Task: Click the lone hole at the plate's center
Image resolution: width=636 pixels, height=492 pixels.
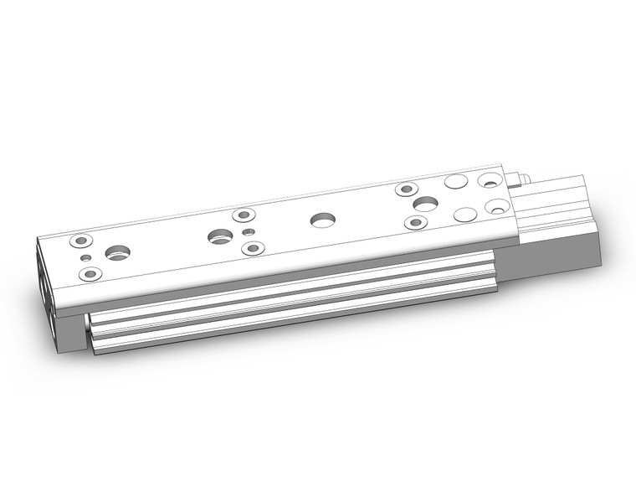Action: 321,220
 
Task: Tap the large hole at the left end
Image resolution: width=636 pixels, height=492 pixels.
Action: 117,251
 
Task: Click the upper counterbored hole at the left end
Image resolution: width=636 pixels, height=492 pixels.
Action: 79,241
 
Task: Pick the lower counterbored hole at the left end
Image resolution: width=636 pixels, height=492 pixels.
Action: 90,274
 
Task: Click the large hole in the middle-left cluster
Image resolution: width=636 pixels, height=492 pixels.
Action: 221,236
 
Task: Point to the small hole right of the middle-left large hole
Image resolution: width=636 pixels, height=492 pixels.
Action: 246,231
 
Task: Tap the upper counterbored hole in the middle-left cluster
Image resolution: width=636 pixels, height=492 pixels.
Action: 243,215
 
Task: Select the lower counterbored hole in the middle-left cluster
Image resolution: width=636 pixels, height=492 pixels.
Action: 253,248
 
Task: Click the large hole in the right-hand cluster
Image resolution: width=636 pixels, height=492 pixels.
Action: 425,204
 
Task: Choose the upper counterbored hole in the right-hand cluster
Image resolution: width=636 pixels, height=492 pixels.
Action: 407,189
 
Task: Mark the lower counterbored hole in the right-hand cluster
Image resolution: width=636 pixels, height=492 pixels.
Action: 416,222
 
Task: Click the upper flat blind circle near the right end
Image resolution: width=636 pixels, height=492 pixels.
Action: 455,181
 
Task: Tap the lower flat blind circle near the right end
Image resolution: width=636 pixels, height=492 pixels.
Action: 464,213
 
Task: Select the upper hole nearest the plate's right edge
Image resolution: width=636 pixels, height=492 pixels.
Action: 488,181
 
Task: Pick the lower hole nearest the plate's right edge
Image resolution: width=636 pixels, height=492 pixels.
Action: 495,206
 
